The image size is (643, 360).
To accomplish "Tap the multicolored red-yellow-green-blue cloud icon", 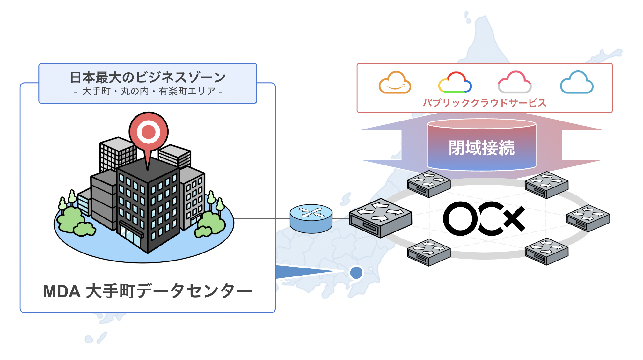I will (455, 83).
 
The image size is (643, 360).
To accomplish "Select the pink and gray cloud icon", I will (514, 83).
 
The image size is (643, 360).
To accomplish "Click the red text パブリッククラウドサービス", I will (484, 103).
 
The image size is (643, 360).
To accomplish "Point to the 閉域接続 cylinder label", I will (481, 148).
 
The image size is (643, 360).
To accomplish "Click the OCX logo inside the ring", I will (484, 219).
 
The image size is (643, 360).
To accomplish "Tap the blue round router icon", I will (311, 218).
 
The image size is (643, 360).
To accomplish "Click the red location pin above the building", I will (148, 132).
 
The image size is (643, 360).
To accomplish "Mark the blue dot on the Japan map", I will (356, 273).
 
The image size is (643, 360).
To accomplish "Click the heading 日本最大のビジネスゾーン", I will (148, 77).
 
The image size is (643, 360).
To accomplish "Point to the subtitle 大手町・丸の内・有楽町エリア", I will (148, 92).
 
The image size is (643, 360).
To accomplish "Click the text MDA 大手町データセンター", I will (148, 291).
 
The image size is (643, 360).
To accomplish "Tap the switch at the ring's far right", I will (588, 218).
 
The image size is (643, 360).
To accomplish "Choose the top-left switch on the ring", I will (428, 184).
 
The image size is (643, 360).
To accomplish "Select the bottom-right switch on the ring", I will (546, 251).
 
